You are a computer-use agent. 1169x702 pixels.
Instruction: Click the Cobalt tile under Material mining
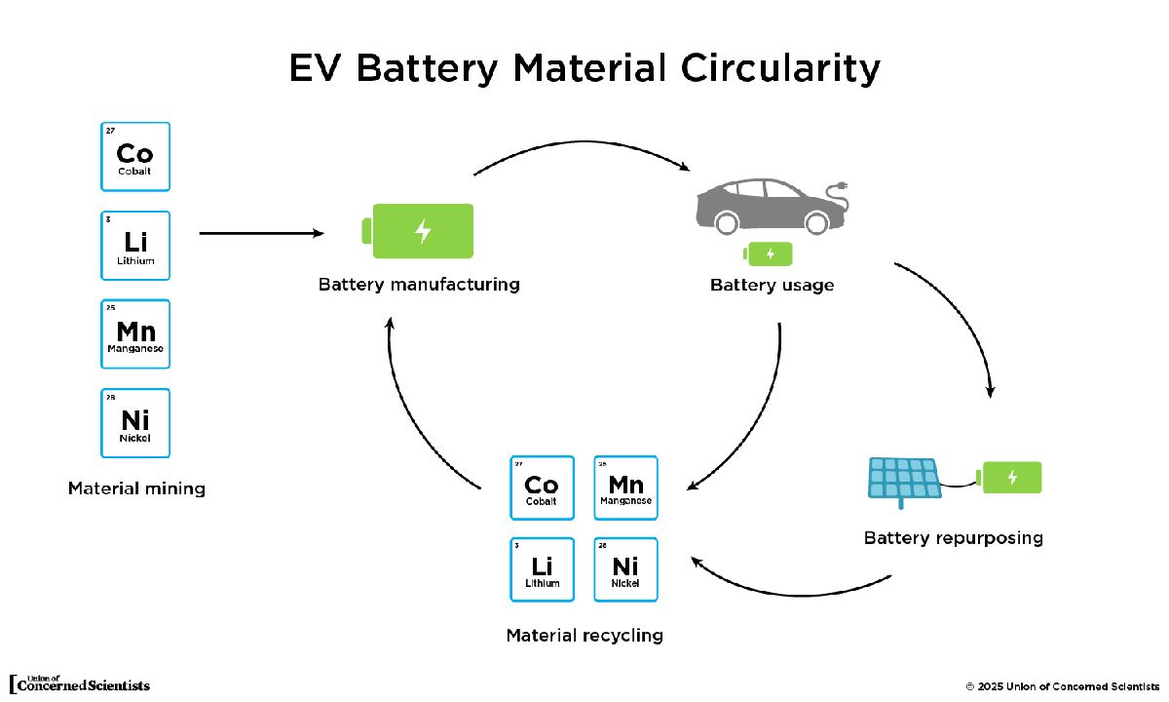pyautogui.click(x=134, y=156)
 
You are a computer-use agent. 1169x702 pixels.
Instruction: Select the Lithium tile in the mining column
pyautogui.click(x=134, y=246)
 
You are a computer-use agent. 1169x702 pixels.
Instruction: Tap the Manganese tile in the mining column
pyautogui.click(x=134, y=334)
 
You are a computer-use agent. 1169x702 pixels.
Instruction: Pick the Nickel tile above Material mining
pyautogui.click(x=134, y=423)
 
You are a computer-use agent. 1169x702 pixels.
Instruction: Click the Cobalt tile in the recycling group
pyautogui.click(x=542, y=487)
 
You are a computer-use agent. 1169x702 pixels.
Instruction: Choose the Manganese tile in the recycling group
pyautogui.click(x=625, y=487)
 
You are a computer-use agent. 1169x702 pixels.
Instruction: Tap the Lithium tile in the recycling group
pyautogui.click(x=542, y=569)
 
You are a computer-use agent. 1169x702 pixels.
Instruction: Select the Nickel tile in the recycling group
pyautogui.click(x=625, y=569)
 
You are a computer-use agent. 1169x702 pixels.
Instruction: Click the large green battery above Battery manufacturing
pyautogui.click(x=419, y=231)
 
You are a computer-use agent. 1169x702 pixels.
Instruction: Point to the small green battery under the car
pyautogui.click(x=769, y=253)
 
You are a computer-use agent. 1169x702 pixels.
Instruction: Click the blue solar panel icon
pyautogui.click(x=903, y=479)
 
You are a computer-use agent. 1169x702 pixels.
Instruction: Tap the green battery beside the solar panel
pyautogui.click(x=1011, y=477)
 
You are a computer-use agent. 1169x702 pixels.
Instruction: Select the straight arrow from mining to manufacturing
pyautogui.click(x=260, y=234)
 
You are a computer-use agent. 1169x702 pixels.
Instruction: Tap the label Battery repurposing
pyautogui.click(x=953, y=538)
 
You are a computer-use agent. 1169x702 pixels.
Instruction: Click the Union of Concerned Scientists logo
pyautogui.click(x=80, y=683)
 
